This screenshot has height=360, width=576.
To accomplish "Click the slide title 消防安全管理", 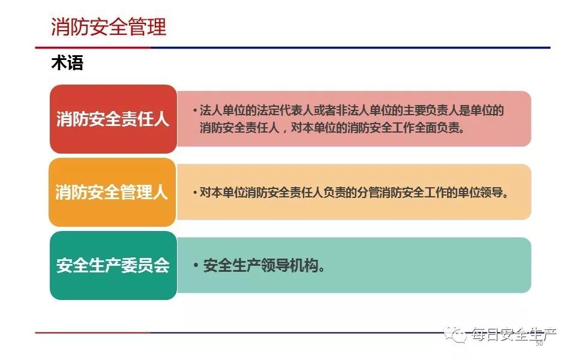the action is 109,26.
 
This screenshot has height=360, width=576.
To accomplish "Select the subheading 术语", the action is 67,62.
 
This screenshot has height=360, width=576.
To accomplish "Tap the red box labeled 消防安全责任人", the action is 113,119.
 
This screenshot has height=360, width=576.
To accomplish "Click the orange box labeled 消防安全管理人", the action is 112,192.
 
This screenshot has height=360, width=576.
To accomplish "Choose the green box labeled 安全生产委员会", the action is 113,265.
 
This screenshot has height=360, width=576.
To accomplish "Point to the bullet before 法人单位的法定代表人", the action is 194,110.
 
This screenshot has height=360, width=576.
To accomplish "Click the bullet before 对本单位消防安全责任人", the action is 194,193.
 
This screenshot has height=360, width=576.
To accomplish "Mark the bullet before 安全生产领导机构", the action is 196,265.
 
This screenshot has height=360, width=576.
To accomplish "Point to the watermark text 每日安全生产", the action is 514,334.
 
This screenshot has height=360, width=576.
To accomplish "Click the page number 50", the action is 539,343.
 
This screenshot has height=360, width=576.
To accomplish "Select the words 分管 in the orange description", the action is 368,193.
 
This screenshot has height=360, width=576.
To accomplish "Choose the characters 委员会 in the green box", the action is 145,265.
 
